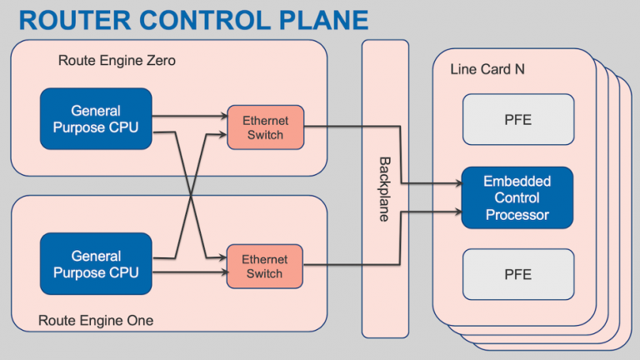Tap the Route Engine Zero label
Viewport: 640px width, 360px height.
[117, 61]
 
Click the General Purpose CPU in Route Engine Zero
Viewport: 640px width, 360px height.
[96, 118]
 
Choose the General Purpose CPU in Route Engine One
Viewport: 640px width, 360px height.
[96, 264]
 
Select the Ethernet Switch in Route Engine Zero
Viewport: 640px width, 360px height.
[266, 127]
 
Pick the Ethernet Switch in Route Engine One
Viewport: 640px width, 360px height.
[266, 267]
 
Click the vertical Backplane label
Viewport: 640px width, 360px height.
[384, 189]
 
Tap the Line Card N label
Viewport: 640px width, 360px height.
[487, 70]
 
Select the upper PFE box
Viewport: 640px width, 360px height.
[518, 119]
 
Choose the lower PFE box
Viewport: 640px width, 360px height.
[518, 274]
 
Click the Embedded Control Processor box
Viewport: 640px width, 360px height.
[517, 197]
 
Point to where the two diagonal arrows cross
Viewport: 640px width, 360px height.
[192, 195]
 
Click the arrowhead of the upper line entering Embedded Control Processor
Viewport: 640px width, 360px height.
[457, 183]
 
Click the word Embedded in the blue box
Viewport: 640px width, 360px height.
[517, 182]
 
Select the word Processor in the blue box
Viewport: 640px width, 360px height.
[517, 214]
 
